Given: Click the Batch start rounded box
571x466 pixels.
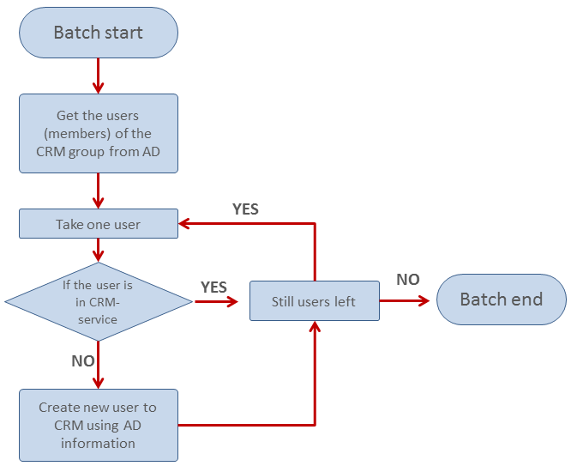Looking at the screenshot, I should click(99, 33).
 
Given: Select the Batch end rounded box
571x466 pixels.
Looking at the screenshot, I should click(502, 300).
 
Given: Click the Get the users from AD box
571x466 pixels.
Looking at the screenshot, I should click(99, 133).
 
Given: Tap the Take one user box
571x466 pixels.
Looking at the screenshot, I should click(99, 224).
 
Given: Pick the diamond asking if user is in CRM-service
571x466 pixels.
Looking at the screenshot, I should click(99, 301).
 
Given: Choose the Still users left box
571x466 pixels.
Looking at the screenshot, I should click(315, 301).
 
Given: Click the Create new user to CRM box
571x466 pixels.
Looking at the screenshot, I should click(99, 425).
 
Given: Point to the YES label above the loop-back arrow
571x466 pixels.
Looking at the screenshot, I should click(245, 209).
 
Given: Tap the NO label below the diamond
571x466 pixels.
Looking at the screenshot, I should click(82, 361).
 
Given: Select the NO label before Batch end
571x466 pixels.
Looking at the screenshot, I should click(408, 280).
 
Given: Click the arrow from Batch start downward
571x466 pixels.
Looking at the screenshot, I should click(99, 76).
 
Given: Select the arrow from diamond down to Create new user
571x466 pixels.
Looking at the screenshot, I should click(99, 364).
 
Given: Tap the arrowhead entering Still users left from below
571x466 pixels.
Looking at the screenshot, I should click(316, 328).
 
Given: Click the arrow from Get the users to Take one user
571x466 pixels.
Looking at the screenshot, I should click(99, 191).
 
